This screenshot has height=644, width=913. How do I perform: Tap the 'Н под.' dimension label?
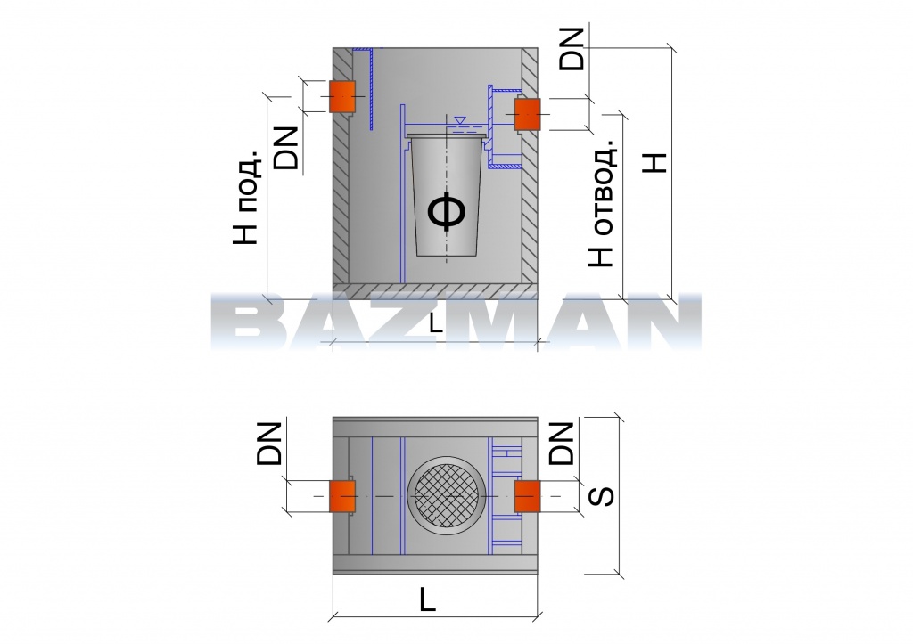[246, 197]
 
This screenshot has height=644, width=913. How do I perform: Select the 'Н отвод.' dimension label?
[602, 203]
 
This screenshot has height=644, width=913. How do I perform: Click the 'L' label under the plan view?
[428, 599]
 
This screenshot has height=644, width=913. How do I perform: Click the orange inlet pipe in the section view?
[342, 96]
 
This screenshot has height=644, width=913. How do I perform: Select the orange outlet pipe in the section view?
[527, 114]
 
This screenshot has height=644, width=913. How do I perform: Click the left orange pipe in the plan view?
[342, 496]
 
